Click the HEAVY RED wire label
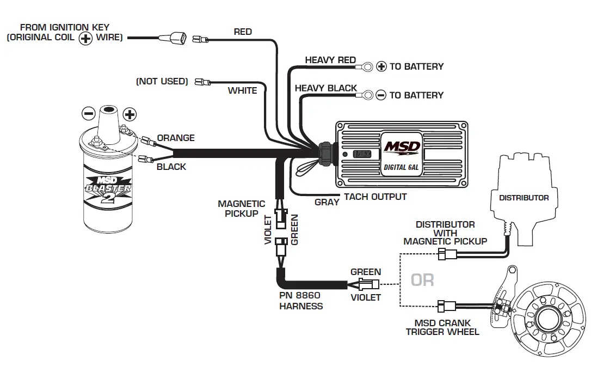[x=330, y=60]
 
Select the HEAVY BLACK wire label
[x=326, y=88]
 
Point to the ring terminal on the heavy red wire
[x=366, y=67]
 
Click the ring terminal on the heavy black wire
[x=366, y=95]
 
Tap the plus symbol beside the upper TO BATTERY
[x=381, y=66]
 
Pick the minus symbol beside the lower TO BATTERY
[x=381, y=95]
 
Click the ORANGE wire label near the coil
[x=176, y=138]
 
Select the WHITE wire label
[x=242, y=90]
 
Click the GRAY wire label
[x=327, y=202]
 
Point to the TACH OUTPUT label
[x=375, y=197]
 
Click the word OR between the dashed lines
[x=423, y=280]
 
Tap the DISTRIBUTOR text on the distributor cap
[x=524, y=198]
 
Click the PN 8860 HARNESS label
[x=300, y=301]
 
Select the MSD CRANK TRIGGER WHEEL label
[x=442, y=327]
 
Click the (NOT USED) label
[x=162, y=81]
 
